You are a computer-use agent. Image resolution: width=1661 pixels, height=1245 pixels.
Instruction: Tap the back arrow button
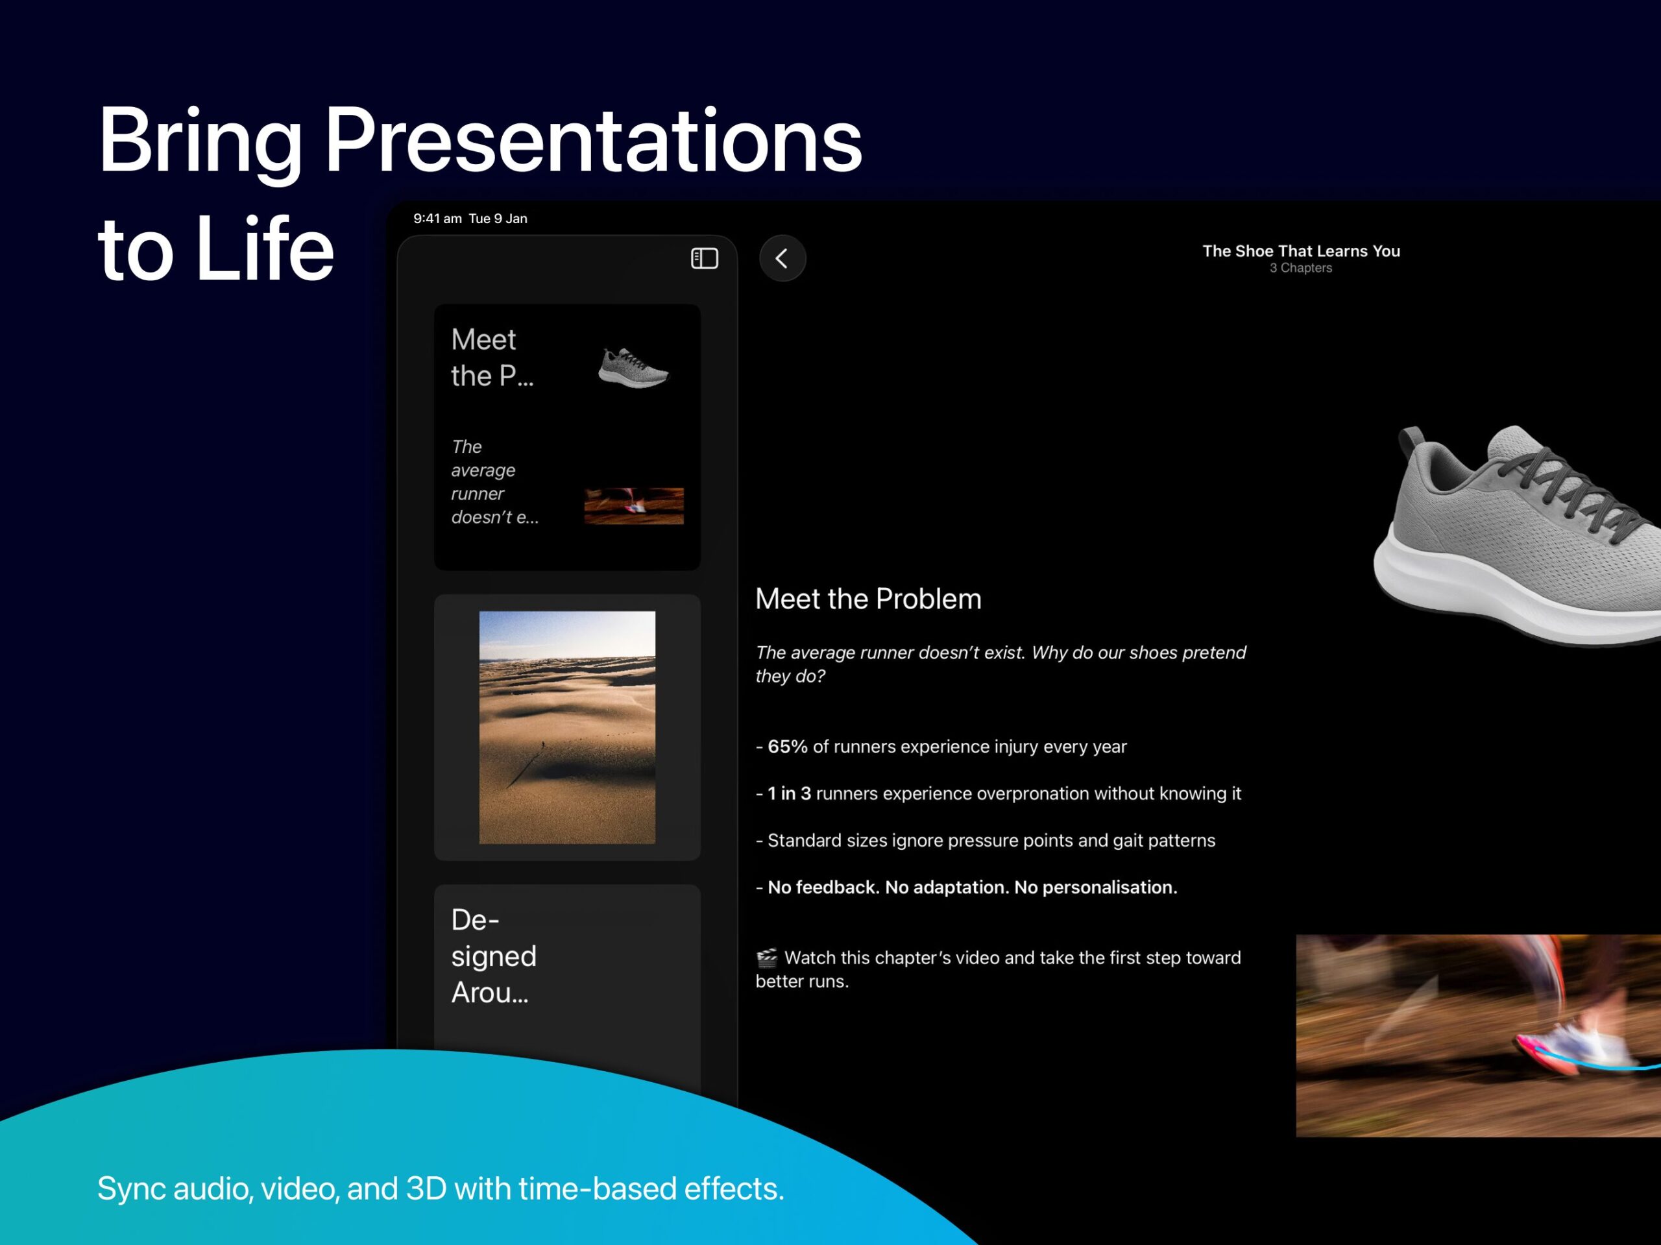click(782, 258)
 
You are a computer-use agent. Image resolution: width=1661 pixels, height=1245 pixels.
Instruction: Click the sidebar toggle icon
click(705, 258)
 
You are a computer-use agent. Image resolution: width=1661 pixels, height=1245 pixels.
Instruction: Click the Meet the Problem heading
click(868, 598)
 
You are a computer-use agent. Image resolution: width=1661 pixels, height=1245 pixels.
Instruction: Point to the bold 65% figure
click(787, 746)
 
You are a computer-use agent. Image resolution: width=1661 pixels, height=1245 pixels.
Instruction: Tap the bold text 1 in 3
click(789, 793)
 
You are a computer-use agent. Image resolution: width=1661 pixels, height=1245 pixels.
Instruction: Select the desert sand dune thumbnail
click(567, 727)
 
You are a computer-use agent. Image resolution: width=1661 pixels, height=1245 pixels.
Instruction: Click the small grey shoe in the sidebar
click(633, 367)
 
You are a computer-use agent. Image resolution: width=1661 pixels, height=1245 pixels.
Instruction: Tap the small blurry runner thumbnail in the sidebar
click(634, 505)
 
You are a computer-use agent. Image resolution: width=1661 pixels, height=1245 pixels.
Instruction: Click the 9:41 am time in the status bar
click(437, 219)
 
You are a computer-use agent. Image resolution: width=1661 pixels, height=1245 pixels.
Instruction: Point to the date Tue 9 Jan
click(498, 219)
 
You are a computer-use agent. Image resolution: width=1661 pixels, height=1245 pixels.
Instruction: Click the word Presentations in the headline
click(593, 140)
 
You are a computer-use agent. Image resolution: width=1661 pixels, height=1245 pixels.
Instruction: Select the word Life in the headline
click(264, 248)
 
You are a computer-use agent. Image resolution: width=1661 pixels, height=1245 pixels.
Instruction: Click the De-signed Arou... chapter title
click(493, 956)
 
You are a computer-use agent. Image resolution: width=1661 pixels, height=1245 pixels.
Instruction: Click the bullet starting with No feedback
click(966, 888)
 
